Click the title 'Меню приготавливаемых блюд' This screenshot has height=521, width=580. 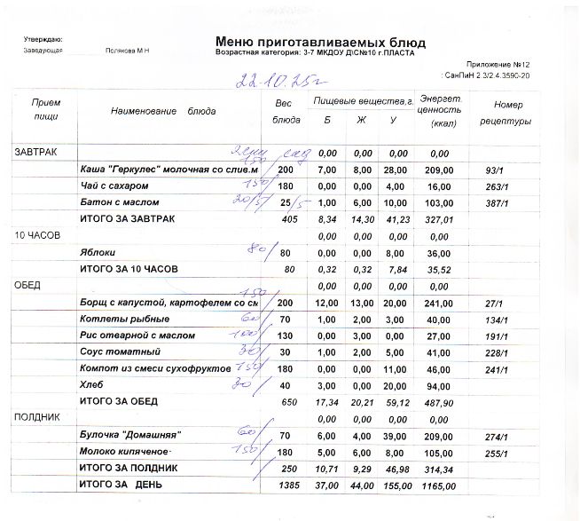[319, 42]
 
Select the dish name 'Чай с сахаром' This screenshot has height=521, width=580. [115, 186]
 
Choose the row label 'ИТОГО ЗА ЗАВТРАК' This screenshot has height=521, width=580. [128, 218]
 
